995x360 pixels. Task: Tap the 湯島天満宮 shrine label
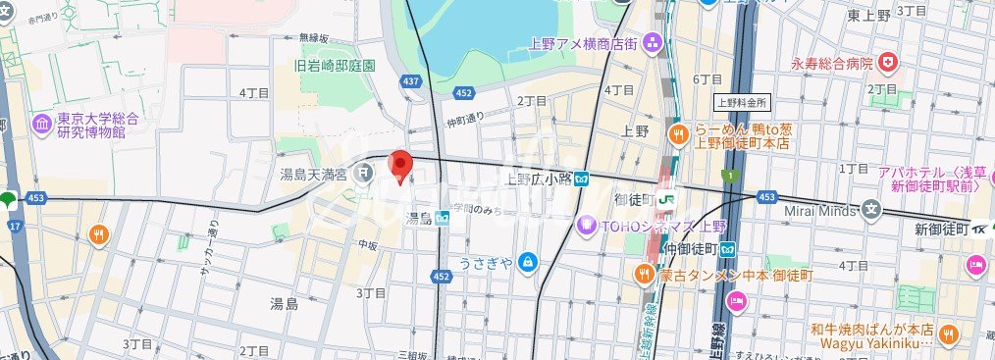tap(312, 175)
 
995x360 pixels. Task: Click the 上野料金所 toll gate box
tap(741, 101)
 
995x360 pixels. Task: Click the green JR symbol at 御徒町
tap(667, 199)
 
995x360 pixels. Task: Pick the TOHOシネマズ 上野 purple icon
tap(587, 225)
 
